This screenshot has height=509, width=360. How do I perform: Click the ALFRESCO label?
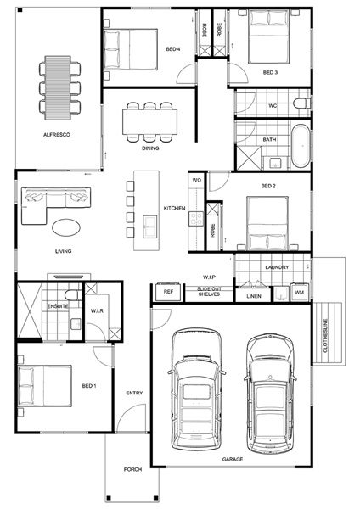click(x=57, y=134)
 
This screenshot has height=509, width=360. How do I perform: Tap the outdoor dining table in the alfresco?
click(x=58, y=87)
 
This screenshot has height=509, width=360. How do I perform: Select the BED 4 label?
click(x=173, y=49)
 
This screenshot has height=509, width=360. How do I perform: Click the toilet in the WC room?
click(x=302, y=103)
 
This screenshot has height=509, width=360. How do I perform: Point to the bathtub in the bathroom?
click(x=301, y=146)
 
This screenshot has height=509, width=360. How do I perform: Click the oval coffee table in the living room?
click(x=66, y=227)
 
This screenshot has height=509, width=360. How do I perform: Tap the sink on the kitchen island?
click(x=149, y=227)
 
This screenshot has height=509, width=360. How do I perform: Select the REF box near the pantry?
click(x=168, y=292)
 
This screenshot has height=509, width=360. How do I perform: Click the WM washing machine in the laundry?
click(x=299, y=293)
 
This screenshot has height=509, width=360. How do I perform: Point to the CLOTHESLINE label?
click(x=325, y=335)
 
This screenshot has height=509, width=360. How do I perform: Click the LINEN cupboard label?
click(x=254, y=296)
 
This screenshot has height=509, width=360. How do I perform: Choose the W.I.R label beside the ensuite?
click(x=97, y=310)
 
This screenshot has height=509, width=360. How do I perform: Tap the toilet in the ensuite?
click(x=73, y=295)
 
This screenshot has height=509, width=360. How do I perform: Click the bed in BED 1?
click(x=44, y=386)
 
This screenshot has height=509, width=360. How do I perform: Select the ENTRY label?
click(x=134, y=393)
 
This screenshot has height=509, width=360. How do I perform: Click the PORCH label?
click(x=132, y=469)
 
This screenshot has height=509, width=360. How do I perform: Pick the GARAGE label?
click(x=233, y=459)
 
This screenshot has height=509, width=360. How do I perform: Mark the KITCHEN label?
click(x=174, y=208)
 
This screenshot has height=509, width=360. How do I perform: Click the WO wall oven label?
click(x=197, y=180)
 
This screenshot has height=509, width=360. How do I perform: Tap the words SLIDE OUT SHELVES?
click(x=209, y=292)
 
